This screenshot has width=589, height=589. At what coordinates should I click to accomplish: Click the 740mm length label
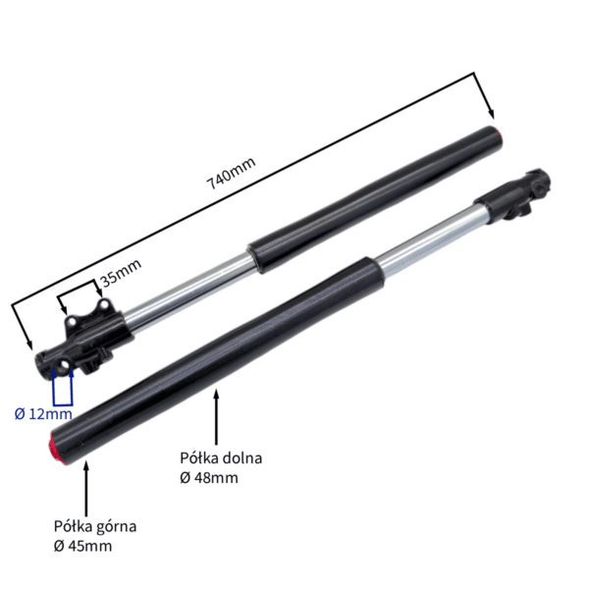(x=231, y=173)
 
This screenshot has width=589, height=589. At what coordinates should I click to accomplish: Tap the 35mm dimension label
(x=122, y=272)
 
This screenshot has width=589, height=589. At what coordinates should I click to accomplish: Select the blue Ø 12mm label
(x=43, y=414)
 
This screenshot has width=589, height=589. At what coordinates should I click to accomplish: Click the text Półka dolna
(x=221, y=458)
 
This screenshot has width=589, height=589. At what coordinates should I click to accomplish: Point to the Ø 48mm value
(x=209, y=478)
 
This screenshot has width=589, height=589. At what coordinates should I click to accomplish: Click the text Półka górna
(x=95, y=526)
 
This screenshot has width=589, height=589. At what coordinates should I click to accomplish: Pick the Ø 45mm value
(x=82, y=546)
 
